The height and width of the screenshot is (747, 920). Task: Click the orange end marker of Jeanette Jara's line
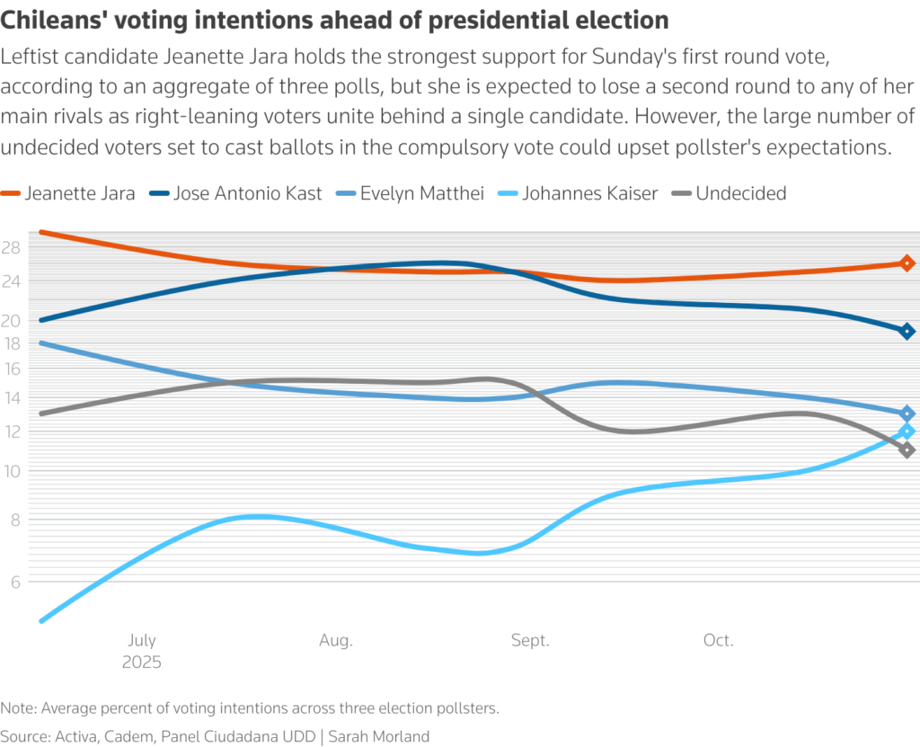(x=907, y=263)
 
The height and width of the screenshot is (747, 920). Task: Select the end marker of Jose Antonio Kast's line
(x=907, y=332)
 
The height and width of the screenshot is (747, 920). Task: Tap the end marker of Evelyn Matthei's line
(x=907, y=414)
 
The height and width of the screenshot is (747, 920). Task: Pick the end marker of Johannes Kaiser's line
(x=907, y=431)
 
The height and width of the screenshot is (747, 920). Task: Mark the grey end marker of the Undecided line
(x=907, y=450)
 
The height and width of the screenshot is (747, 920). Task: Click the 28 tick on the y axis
(x=11, y=248)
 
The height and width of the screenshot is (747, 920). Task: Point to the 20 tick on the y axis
(x=11, y=321)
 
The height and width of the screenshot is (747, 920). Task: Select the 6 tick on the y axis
(x=15, y=582)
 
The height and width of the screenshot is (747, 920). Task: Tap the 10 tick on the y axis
(x=11, y=471)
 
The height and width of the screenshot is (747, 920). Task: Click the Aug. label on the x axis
(x=336, y=641)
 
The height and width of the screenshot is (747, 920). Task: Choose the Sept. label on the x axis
(x=530, y=641)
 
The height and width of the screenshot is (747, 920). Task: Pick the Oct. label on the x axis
(x=719, y=641)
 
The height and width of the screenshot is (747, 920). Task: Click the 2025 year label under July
(x=142, y=663)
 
